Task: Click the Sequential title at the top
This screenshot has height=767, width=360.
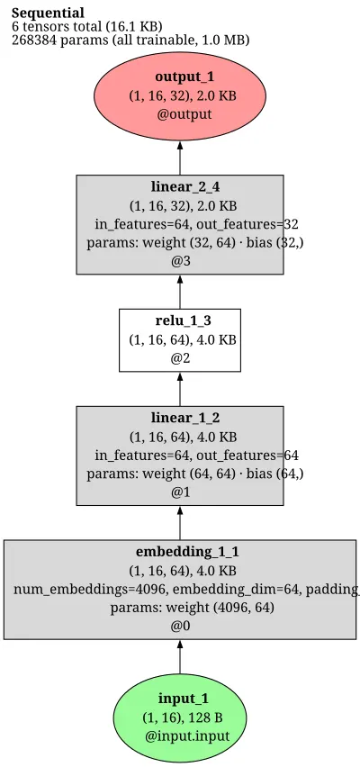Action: click(48, 13)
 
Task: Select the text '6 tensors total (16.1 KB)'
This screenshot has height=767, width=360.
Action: click(86, 26)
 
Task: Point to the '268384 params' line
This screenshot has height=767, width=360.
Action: click(130, 40)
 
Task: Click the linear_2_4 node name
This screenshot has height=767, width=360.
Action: click(179, 187)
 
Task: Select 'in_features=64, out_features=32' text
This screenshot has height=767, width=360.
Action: click(196, 224)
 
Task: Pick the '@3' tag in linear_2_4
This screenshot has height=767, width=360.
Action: click(179, 261)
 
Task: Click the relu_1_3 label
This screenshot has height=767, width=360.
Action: click(179, 320)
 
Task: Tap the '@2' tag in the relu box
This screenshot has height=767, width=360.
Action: click(179, 358)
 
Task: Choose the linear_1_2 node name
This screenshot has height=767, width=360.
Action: click(179, 419)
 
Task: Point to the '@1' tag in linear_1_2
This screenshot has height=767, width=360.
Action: click(179, 492)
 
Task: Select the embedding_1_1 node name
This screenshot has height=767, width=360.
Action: click(187, 552)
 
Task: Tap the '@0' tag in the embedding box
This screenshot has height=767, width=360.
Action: click(179, 627)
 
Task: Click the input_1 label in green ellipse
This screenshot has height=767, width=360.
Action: click(179, 699)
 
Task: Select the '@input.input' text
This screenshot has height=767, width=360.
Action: click(187, 735)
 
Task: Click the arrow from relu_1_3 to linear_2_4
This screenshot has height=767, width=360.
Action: click(179, 292)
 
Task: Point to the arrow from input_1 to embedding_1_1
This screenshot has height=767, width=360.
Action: click(179, 656)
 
